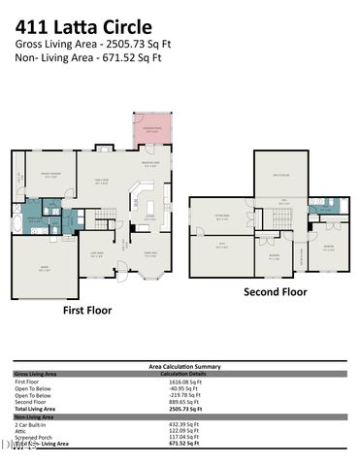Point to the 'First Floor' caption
point(86,311)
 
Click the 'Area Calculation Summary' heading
point(183,366)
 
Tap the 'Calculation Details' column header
point(184,373)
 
